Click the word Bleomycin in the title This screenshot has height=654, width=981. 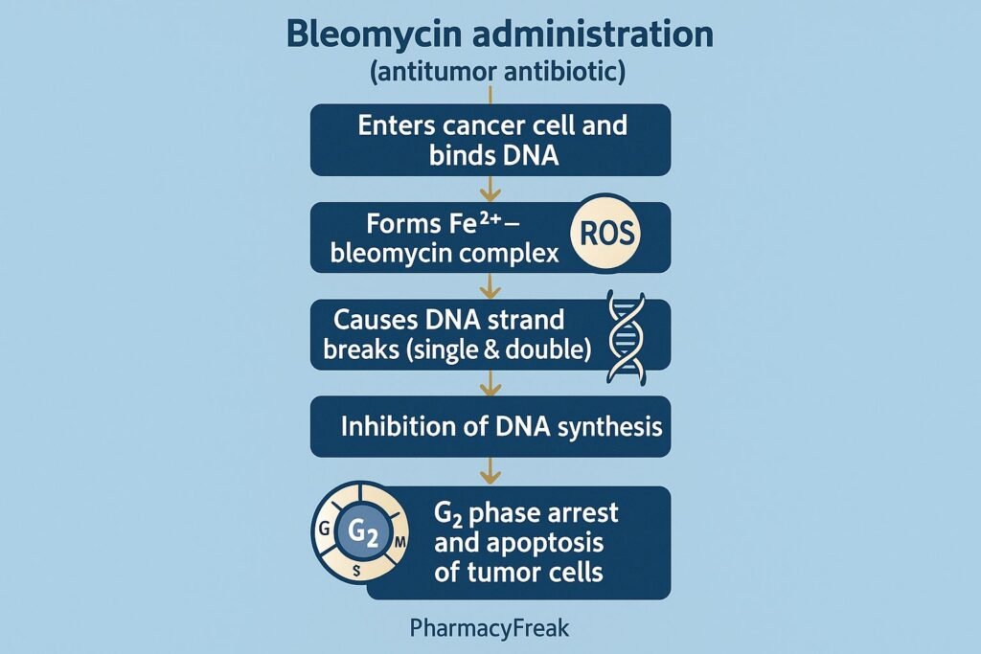pyautogui.click(x=362, y=35)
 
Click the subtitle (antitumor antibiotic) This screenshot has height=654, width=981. pyautogui.click(x=490, y=73)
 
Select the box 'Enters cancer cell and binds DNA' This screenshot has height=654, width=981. pyautogui.click(x=490, y=140)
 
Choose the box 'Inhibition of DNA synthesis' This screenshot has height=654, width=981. pyautogui.click(x=490, y=427)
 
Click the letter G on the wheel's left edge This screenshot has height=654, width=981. pyautogui.click(x=324, y=529)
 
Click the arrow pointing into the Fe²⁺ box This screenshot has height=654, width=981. pyautogui.click(x=490, y=189)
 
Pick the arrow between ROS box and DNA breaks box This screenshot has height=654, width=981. pyautogui.click(x=490, y=285)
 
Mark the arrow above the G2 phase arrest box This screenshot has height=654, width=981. pyautogui.click(x=490, y=471)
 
